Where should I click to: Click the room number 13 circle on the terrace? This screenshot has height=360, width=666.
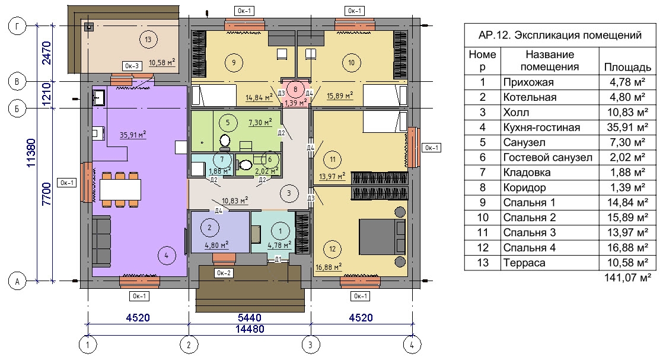[x=148, y=40]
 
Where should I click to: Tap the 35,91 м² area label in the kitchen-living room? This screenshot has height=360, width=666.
[x=132, y=135]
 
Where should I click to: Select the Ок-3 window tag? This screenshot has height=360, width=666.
[x=132, y=66]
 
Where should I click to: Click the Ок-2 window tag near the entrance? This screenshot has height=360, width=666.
[x=224, y=273]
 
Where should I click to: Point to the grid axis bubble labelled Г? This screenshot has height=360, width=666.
[x=17, y=26]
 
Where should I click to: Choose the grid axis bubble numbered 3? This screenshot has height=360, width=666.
[x=311, y=345]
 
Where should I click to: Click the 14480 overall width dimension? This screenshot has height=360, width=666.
[x=250, y=329]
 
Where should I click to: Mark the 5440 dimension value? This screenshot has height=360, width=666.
[x=250, y=317]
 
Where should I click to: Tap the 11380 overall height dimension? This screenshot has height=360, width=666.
[x=32, y=153]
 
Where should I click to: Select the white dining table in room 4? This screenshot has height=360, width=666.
[x=120, y=190]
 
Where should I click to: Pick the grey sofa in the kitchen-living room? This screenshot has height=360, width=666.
[x=101, y=241]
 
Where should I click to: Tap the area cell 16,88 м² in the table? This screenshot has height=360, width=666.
[x=627, y=247]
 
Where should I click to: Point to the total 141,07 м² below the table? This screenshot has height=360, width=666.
[x=627, y=278]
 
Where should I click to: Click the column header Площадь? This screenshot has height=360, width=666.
[x=627, y=67]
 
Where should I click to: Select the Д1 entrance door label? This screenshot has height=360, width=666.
[x=278, y=259]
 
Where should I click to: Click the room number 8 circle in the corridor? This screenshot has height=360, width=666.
[x=295, y=90]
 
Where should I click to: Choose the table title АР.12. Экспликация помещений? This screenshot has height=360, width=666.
[x=560, y=35]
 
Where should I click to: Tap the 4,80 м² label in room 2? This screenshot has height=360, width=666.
[x=216, y=246]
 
